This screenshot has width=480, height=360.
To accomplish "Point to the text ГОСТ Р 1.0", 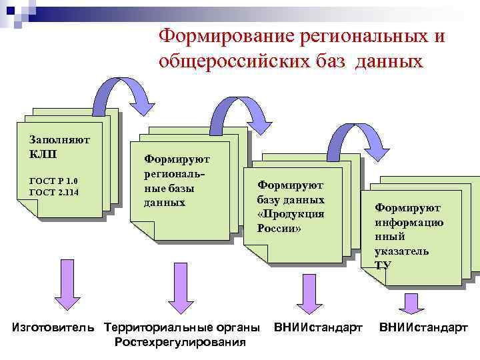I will coord(54,181).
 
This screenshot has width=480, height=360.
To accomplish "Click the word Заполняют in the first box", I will coord(60,139).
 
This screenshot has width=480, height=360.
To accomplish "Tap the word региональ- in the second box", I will coord(175,173).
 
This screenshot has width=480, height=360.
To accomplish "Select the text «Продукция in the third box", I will coord(290,214).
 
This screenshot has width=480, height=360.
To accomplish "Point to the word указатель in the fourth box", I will coord(402,251).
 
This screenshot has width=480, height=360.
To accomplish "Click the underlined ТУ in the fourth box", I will coord(383,265).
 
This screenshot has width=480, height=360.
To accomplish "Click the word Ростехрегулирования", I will coord(180,342).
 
